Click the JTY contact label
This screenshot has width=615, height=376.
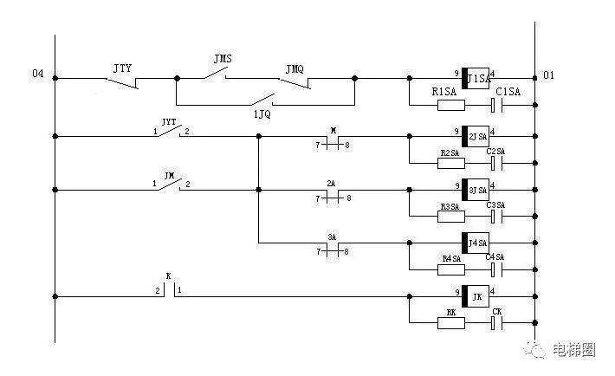tap(122, 67)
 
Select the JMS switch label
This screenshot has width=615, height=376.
tap(223, 58)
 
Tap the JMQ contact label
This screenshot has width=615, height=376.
tap(295, 67)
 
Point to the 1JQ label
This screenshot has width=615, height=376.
tap(261, 113)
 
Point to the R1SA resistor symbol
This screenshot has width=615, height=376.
tap(450, 107)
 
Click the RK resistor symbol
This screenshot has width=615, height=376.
tap(450, 323)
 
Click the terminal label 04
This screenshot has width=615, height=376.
tap(37, 75)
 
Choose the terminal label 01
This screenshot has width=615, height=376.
tap(548, 76)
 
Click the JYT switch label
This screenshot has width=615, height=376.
tap(169, 122)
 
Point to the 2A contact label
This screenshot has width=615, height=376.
tap(331, 183)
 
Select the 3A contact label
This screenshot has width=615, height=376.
tap(331, 237)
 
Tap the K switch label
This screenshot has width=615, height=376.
tap(169, 276)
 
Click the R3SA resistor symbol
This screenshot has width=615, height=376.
tap(450, 216)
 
